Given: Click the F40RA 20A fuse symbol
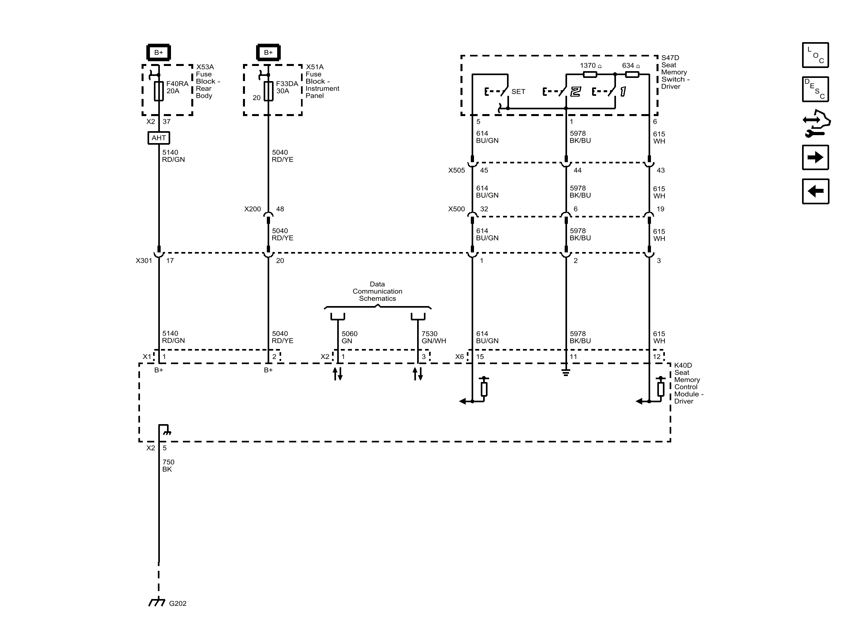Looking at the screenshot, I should pyautogui.click(x=159, y=91).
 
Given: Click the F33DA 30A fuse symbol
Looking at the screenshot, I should pyautogui.click(x=268, y=91).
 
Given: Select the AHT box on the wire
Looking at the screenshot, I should pyautogui.click(x=159, y=138).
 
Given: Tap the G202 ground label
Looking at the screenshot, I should pyautogui.click(x=177, y=603).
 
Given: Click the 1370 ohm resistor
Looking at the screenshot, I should pyautogui.click(x=590, y=74).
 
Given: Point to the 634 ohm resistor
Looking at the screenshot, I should pyautogui.click(x=632, y=74).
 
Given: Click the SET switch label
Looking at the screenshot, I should pyautogui.click(x=518, y=92).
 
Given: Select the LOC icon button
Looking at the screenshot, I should pyautogui.click(x=815, y=55).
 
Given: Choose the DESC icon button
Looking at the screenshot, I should pyautogui.click(x=815, y=89).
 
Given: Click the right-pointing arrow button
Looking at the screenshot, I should pyautogui.click(x=815, y=157).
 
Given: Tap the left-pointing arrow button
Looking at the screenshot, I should pyautogui.click(x=815, y=191).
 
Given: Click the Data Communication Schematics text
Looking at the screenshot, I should pyautogui.click(x=377, y=291).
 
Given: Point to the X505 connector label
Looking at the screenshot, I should pyautogui.click(x=457, y=171).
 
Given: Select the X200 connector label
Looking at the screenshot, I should pyautogui.click(x=253, y=209).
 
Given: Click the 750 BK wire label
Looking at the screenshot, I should pyautogui.click(x=168, y=465).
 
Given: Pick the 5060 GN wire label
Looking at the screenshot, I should pyautogui.click(x=350, y=337).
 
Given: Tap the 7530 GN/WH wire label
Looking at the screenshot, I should pyautogui.click(x=433, y=337).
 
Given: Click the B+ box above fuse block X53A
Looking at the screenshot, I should pyautogui.click(x=159, y=52).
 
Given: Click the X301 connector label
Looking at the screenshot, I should pyautogui.click(x=144, y=261).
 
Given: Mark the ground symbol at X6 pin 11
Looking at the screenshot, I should pyautogui.click(x=566, y=372).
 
